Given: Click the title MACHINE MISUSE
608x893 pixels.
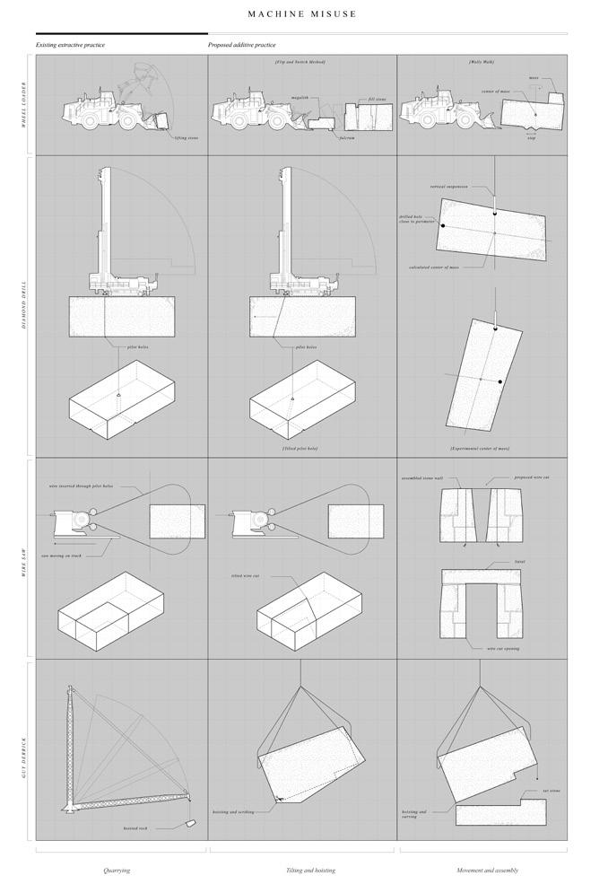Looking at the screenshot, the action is pos(302,14).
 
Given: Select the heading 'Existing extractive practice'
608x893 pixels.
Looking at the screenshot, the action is pos(70,44).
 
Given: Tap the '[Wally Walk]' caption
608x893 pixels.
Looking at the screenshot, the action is pos(482,62).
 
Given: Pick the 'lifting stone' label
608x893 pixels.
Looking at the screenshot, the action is pos(187,137).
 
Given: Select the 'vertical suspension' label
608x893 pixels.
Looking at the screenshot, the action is pos(450,187).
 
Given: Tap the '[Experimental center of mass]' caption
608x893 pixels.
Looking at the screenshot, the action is pos(480,447).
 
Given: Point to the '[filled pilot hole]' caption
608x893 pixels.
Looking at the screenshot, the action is pos(300,447).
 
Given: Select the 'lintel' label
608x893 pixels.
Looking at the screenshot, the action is pos(519,562).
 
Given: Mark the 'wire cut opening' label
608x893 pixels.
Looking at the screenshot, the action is pos(502,648).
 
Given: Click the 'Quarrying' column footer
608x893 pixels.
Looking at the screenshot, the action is pos(117,870).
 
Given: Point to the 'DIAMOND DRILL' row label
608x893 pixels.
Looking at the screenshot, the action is pos(24,307).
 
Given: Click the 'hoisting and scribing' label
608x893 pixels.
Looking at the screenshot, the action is pos(233,811).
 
